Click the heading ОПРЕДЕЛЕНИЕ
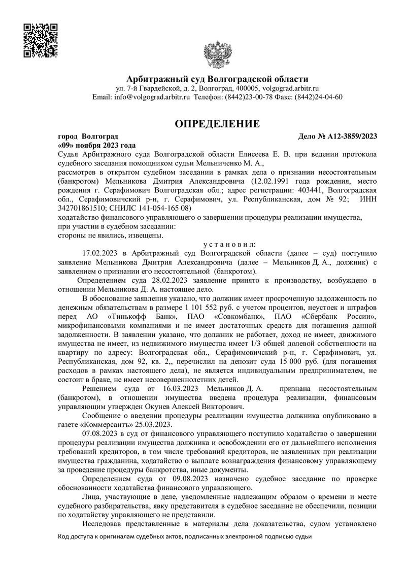pos(217,124)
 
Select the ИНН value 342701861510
pos(82,208)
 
